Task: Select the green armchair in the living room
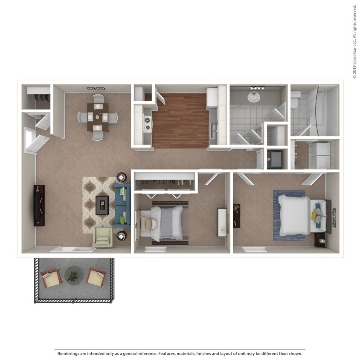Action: pyautogui.click(x=102, y=237)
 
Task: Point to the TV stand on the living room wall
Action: pyautogui.click(x=39, y=205)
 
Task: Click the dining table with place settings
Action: pyautogui.click(x=98, y=116)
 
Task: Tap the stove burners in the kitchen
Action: pyautogui.click(x=148, y=123)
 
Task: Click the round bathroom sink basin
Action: pyautogui.click(x=254, y=97)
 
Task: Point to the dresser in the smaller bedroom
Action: pyautogui.click(x=222, y=222)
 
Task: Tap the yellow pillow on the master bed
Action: pyautogui.click(x=314, y=216)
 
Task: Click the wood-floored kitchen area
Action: pyautogui.click(x=180, y=120)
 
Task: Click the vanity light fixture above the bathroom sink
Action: pyautogui.click(x=257, y=88)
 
